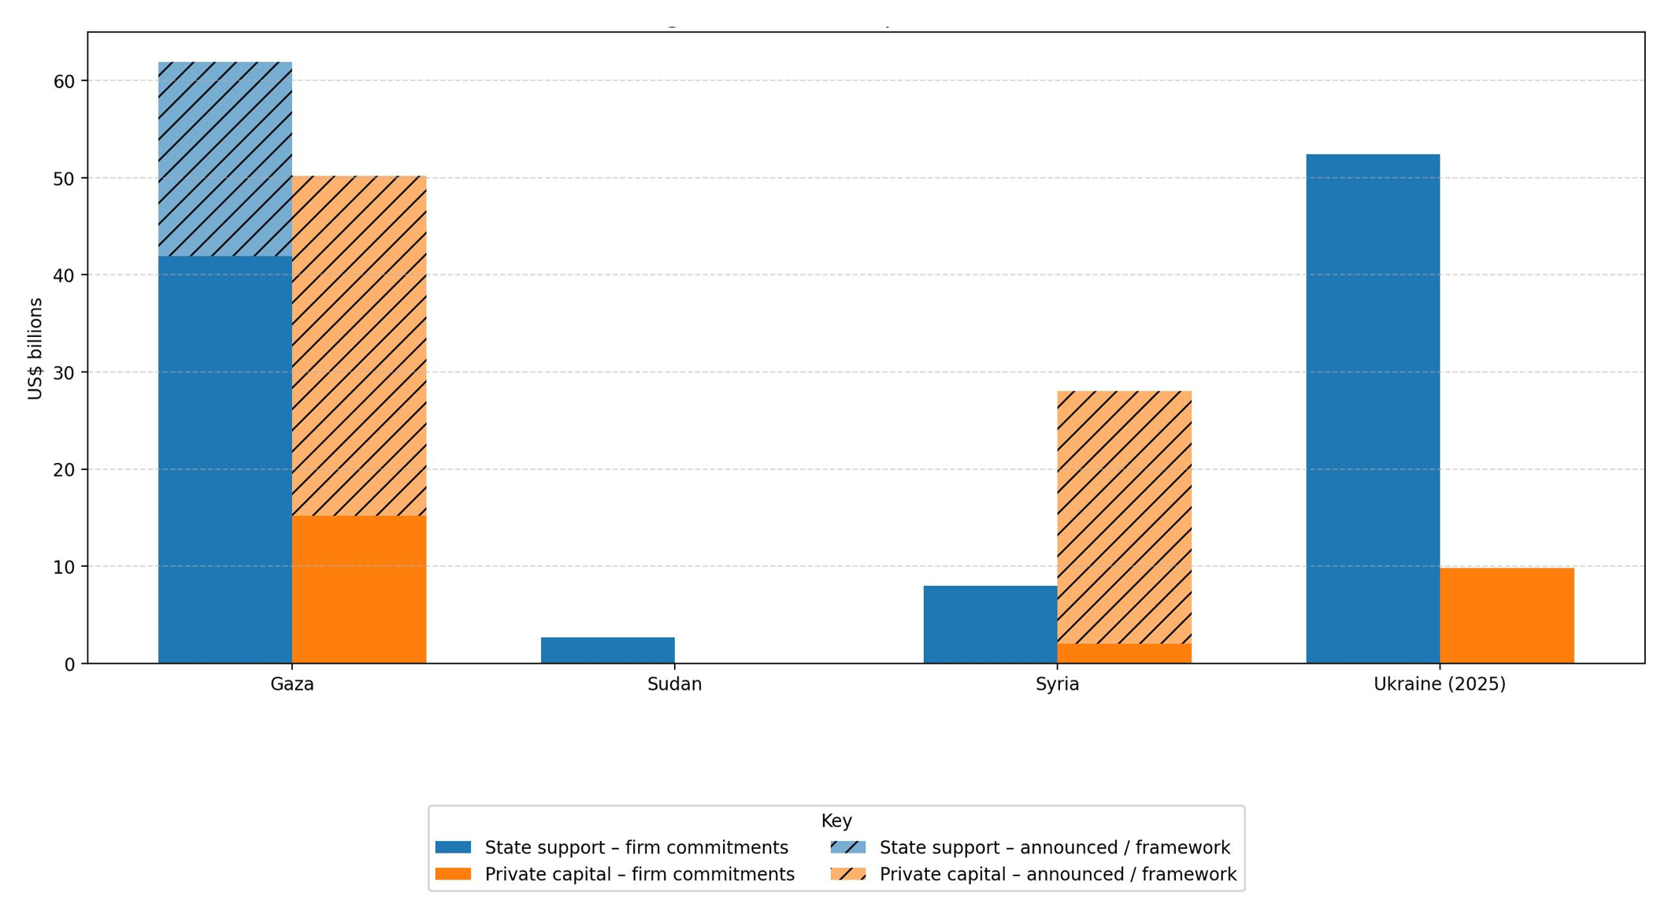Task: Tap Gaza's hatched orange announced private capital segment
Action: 359,346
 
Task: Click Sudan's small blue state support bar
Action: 607,650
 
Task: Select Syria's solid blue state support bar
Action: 990,624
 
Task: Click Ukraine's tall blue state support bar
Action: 1373,409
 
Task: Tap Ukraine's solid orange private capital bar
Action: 1507,616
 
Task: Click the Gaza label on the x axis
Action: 292,684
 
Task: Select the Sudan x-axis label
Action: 674,684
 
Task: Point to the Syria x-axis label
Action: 1057,684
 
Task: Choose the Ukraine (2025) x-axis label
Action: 1440,684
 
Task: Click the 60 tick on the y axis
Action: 65,81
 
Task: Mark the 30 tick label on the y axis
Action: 65,372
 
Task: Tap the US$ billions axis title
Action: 35,348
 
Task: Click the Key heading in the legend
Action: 836,821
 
